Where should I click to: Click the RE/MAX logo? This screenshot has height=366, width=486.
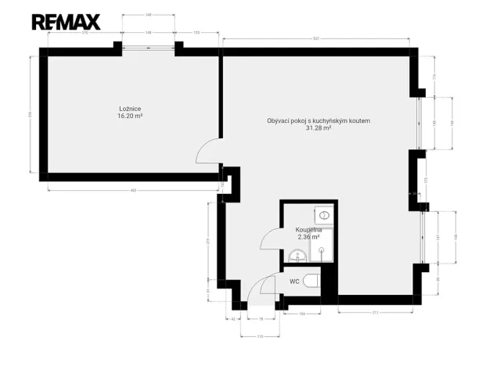[65, 22]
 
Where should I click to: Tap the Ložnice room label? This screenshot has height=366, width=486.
[129, 108]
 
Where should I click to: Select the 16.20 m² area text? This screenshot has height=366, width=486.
[129, 116]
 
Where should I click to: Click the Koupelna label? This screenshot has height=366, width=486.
[308, 230]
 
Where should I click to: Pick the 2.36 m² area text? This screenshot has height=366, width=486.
[308, 237]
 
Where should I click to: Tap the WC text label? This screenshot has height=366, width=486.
[294, 281]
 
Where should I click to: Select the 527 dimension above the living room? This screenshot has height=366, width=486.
[315, 37]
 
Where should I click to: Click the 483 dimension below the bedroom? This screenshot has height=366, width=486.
[133, 189]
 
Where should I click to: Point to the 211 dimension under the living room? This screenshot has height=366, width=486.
[376, 312]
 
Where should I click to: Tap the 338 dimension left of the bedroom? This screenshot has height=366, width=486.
[30, 114]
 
